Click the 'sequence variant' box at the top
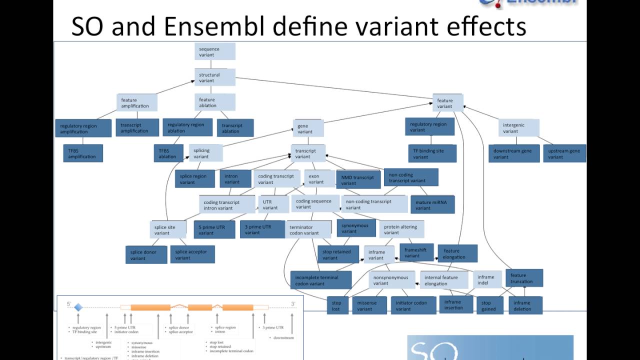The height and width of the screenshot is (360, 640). (215, 51)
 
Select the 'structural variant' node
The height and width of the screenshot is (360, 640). (215, 77)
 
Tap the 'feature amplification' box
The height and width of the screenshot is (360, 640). (137, 102)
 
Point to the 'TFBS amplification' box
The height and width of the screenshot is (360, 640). (83, 153)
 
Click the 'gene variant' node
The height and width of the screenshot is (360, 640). (307, 128)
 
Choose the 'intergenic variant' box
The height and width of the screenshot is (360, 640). (519, 127)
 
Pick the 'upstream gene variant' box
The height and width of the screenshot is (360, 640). (564, 153)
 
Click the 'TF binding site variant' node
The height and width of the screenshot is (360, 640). (431, 153)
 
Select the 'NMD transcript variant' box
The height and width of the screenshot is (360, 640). (359, 179)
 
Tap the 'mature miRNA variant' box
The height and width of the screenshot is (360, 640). (432, 204)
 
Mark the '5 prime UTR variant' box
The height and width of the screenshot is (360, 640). (214, 229)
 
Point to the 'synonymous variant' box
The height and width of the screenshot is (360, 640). (356, 228)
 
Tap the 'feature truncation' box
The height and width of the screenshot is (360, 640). (523, 278)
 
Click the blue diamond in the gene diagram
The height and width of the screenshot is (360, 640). (78, 307)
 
